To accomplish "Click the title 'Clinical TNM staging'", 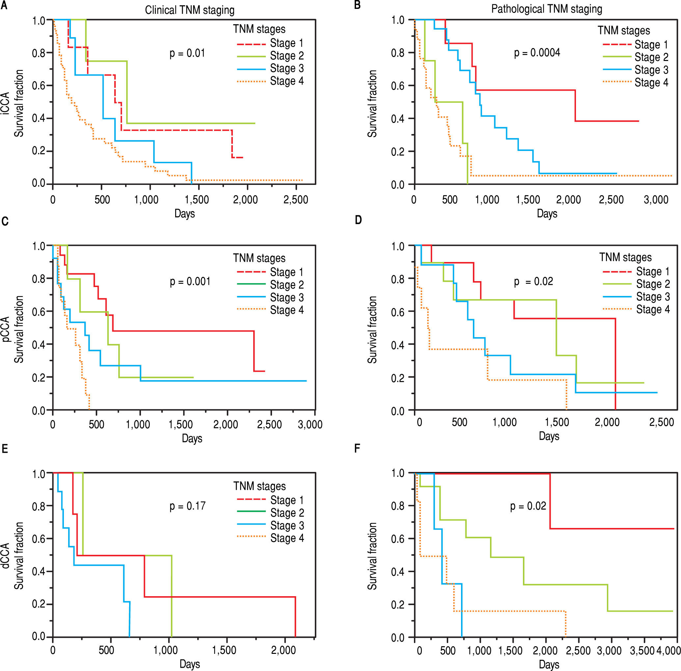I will [189, 10].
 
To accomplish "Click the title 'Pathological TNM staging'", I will [547, 9].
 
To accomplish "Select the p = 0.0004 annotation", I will [537, 53].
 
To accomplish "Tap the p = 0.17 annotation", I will [187, 507].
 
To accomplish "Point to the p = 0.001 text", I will [190, 281].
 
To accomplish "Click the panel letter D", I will [358, 220].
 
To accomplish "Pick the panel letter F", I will [357, 449].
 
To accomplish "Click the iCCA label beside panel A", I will [5, 103].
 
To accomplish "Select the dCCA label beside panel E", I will [5, 555].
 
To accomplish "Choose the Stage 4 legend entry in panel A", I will [286, 81].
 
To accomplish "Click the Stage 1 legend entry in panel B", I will [651, 45].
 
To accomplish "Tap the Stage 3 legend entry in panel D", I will [653, 297].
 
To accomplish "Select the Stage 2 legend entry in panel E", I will [287, 513].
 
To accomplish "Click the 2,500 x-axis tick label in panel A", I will [295, 200].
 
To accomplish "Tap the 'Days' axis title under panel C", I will [192, 438].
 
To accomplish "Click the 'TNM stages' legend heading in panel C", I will [259, 258].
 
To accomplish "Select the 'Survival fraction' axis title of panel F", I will [372, 556].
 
